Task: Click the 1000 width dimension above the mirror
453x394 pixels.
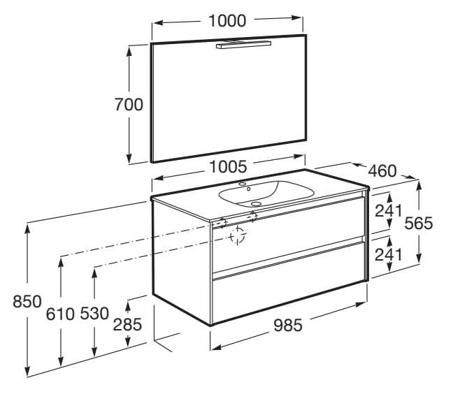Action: click(227, 21)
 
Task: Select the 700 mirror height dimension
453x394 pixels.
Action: click(129, 105)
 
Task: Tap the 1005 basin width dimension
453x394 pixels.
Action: click(228, 167)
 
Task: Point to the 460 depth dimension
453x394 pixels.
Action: click(382, 171)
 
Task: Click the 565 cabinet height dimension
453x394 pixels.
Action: click(419, 223)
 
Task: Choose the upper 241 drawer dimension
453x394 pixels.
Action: click(389, 211)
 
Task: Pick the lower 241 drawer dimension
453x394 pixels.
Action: click(389, 254)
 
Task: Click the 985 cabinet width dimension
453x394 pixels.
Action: click(288, 326)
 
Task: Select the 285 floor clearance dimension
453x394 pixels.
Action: click(127, 324)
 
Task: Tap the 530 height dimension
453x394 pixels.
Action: click(94, 313)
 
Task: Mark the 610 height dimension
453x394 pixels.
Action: click(60, 314)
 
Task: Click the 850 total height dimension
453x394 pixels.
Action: click(27, 302)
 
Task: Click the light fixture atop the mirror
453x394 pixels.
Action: click(244, 45)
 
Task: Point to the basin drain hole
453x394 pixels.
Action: click(256, 204)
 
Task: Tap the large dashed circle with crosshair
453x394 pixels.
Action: click(238, 236)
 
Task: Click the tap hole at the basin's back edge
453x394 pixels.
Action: click(243, 184)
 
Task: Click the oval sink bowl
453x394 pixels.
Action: click(266, 194)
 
